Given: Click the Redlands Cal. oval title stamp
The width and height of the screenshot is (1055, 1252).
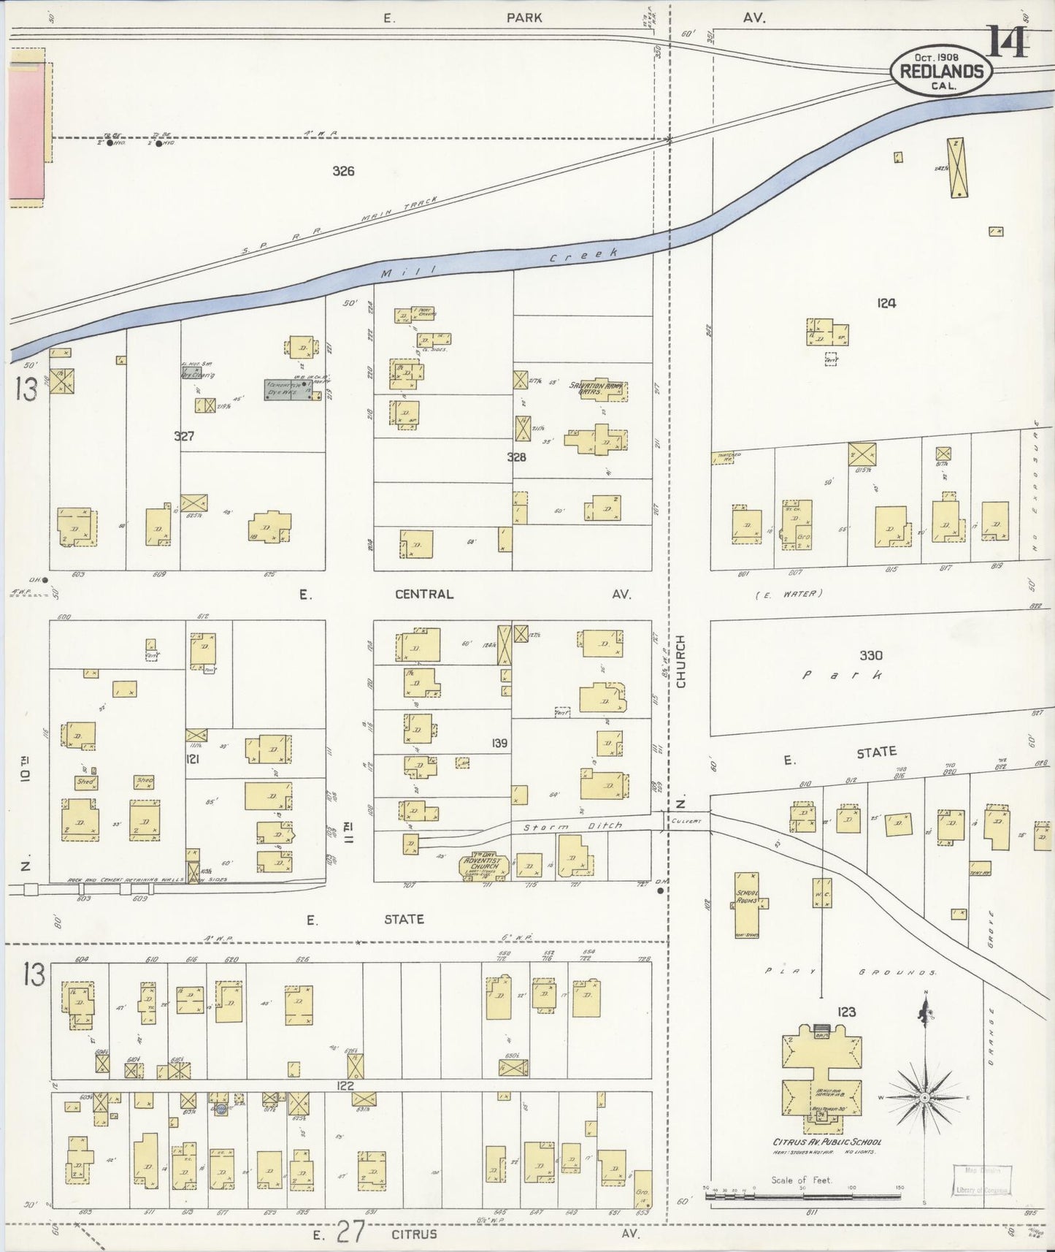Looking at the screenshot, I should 941,72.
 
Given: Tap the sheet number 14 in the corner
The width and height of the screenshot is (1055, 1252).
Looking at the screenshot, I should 1009,42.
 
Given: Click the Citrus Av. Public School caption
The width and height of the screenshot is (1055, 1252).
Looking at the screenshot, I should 826,1142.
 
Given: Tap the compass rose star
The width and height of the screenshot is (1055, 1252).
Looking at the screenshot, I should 925,1098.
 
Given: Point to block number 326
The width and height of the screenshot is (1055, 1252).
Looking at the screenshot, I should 343,171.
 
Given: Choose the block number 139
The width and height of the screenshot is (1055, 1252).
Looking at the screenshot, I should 499,743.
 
